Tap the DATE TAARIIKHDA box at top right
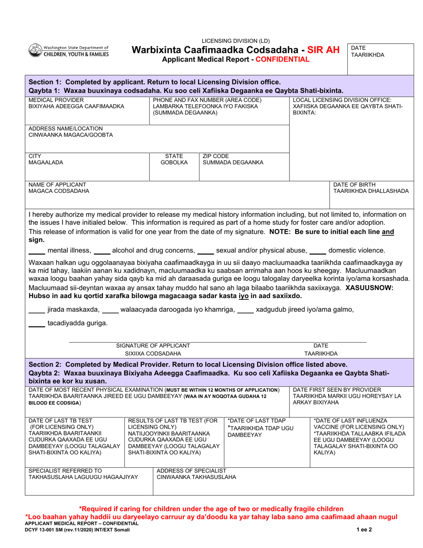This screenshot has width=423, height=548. point(367,51)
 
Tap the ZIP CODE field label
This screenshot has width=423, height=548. point(216,156)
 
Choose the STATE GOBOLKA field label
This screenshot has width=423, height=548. point(174,159)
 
